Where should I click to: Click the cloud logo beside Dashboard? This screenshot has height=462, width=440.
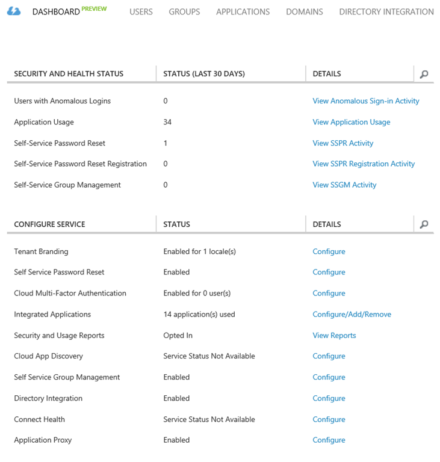click(x=14, y=11)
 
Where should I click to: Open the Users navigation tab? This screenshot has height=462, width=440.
click(x=141, y=11)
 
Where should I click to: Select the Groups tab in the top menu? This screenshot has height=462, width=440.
click(x=184, y=11)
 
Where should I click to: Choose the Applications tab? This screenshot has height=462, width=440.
click(x=243, y=11)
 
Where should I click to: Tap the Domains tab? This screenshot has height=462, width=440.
click(x=304, y=11)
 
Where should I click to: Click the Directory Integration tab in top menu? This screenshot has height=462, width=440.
click(x=386, y=11)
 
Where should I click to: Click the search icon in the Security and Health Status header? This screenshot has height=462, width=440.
click(x=424, y=74)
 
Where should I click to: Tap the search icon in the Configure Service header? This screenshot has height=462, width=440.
click(x=424, y=224)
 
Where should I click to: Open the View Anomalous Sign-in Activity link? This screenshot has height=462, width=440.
click(x=365, y=101)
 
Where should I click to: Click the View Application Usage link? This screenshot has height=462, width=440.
click(x=351, y=122)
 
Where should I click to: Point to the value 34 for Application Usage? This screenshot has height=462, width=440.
click(x=167, y=122)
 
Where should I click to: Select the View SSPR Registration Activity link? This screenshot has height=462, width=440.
click(x=364, y=164)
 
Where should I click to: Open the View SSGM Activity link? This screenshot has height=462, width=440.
click(x=344, y=185)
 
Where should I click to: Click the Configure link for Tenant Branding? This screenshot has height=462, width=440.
click(x=329, y=251)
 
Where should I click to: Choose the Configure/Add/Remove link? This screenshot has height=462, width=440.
click(x=352, y=314)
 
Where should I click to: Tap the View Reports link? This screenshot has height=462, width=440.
click(x=334, y=335)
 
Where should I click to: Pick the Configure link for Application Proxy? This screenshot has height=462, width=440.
click(x=329, y=440)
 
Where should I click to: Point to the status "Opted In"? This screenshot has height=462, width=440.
click(x=178, y=335)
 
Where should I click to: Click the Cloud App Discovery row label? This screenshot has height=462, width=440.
click(x=48, y=356)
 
